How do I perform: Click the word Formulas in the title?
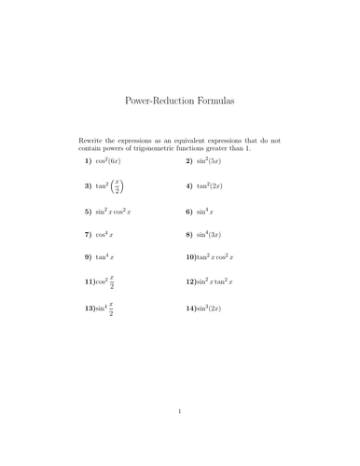tap(211, 98)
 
